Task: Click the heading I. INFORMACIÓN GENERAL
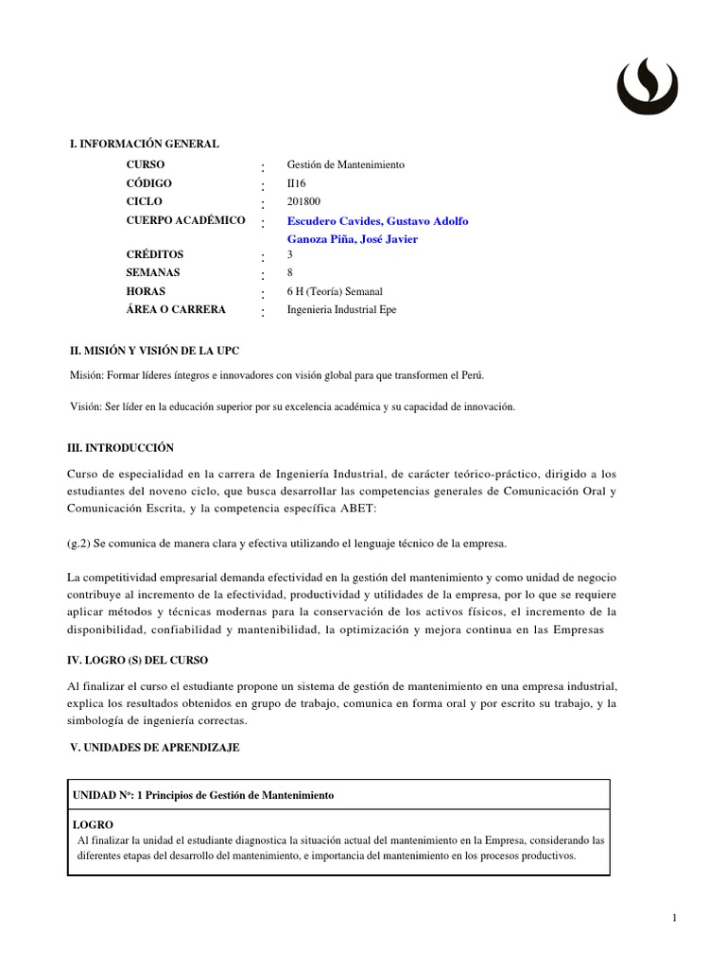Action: pyautogui.click(x=145, y=144)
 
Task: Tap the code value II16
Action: pyautogui.click(x=296, y=183)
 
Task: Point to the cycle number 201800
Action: pyautogui.click(x=303, y=201)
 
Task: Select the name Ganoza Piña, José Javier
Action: pyautogui.click(x=352, y=239)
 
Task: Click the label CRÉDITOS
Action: pyautogui.click(x=154, y=255)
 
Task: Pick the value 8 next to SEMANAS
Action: pyautogui.click(x=290, y=273)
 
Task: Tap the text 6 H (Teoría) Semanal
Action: pyautogui.click(x=335, y=292)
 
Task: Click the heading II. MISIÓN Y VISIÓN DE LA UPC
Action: pyautogui.click(x=162, y=351)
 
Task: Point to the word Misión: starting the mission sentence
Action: pyautogui.click(x=87, y=375)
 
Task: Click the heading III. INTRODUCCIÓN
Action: pyautogui.click(x=120, y=448)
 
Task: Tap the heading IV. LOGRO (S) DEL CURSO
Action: pyautogui.click(x=138, y=660)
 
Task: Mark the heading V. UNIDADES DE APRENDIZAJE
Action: pyautogui.click(x=156, y=748)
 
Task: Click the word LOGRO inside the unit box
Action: pyautogui.click(x=93, y=825)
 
